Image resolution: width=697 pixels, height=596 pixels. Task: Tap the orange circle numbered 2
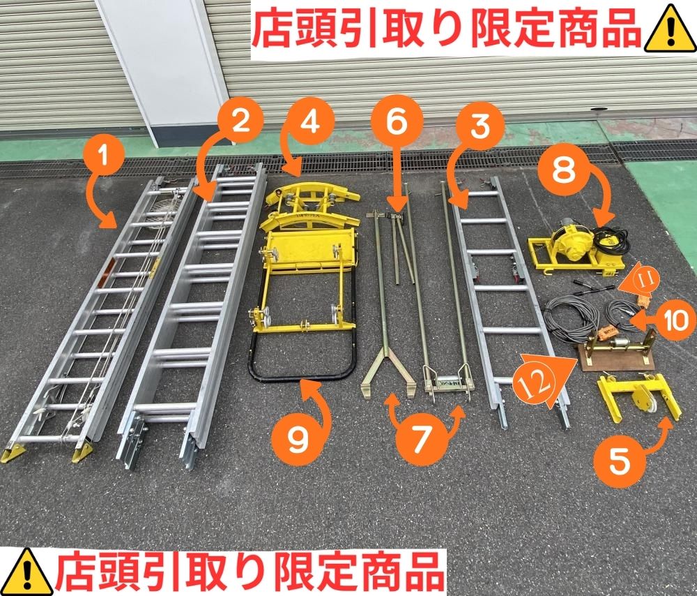[240, 121]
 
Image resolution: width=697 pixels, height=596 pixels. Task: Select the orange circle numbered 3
[480, 126]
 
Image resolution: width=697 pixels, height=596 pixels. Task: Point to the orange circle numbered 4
[310, 121]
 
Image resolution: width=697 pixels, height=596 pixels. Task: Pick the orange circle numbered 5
[620, 461]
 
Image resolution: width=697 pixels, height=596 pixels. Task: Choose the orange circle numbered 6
[397, 121]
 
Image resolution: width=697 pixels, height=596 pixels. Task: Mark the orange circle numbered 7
[420, 439]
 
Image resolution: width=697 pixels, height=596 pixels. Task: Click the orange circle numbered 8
[563, 170]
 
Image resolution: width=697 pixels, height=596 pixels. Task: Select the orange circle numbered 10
[675, 320]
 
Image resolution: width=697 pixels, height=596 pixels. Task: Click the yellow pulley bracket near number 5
[639, 398]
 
